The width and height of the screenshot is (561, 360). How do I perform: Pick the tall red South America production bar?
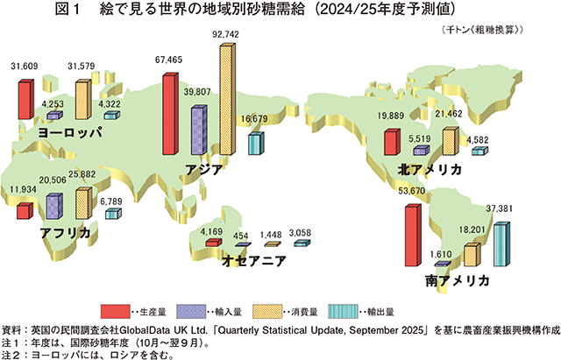click(411, 235)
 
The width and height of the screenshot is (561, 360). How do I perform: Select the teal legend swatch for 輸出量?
click(343, 309)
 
